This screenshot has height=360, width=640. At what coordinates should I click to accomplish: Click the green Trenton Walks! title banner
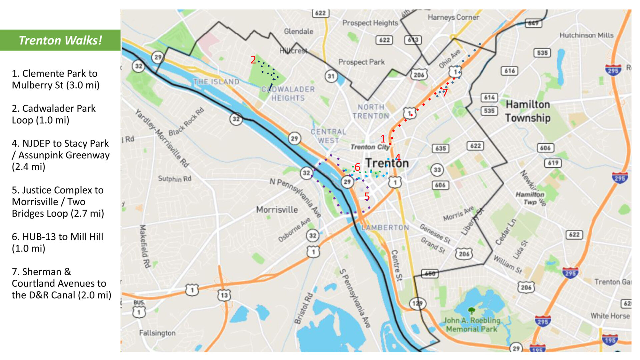(x=60, y=40)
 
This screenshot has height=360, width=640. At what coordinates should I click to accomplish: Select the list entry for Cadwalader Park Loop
(x=53, y=114)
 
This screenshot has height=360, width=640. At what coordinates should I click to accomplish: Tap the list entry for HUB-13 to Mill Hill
(x=57, y=242)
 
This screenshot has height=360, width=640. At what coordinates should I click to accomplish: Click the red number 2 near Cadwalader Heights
(x=253, y=60)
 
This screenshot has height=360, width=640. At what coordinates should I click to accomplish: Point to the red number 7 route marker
(x=445, y=93)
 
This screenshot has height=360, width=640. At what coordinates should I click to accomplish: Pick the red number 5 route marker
(x=367, y=197)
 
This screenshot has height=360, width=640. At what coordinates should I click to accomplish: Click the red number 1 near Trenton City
(x=383, y=139)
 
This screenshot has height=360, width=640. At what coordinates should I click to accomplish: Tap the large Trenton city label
(x=387, y=163)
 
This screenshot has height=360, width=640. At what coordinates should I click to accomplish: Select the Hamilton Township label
(x=527, y=111)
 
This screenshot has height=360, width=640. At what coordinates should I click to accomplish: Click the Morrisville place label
(x=277, y=210)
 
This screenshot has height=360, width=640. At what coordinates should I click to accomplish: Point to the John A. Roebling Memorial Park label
(x=471, y=324)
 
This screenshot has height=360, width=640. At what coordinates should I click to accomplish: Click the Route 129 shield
(x=417, y=303)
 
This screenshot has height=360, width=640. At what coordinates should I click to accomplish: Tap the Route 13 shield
(x=224, y=295)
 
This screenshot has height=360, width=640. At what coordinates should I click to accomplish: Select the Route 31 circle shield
(x=331, y=76)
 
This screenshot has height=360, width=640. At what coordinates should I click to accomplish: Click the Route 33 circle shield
(x=437, y=170)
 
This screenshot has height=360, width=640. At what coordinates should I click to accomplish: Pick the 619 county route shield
(x=553, y=163)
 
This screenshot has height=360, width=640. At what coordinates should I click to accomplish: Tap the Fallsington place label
(x=157, y=333)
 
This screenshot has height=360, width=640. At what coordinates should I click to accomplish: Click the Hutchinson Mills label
(x=586, y=35)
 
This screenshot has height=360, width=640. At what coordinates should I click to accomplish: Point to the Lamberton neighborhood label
(x=385, y=227)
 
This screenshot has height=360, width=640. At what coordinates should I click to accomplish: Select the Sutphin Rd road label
(x=174, y=179)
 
